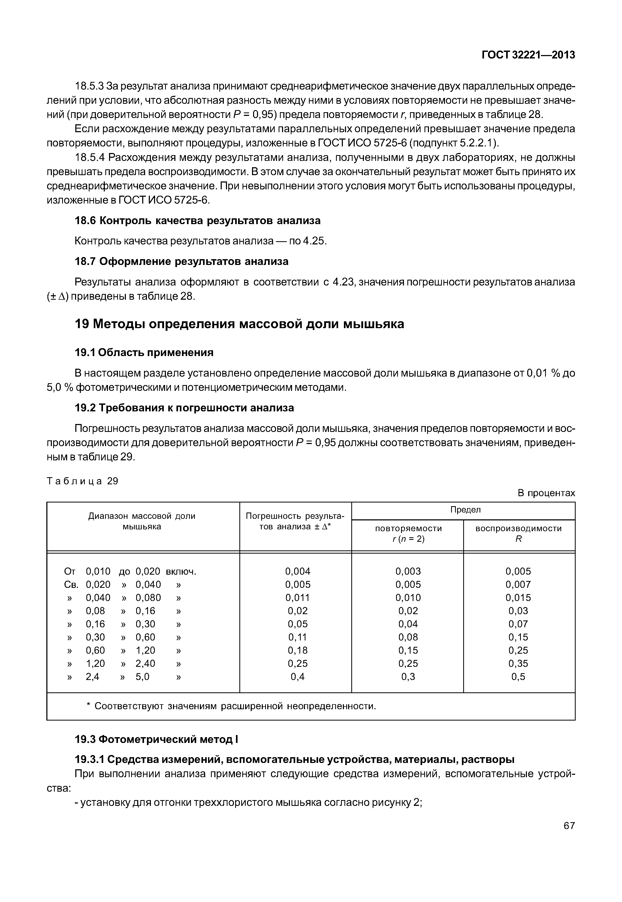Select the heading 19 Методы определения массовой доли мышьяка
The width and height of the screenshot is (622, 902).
point(239,324)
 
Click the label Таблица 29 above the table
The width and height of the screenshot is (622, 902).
point(82,481)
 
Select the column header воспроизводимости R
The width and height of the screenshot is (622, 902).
point(518,534)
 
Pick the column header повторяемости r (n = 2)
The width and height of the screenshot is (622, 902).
point(408,534)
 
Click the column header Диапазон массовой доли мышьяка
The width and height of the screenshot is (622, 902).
point(142,521)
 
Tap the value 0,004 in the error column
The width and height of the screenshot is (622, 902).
point(298,571)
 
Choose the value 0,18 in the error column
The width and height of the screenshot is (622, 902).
point(298,650)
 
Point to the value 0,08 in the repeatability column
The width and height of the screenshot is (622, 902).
point(408,637)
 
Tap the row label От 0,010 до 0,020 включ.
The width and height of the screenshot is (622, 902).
point(130,571)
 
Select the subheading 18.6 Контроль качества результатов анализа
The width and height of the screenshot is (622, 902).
point(198,221)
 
